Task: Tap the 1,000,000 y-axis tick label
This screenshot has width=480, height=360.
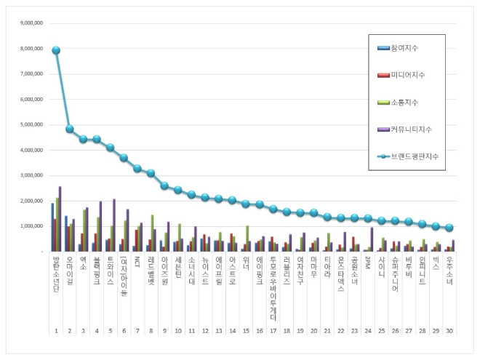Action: (x=30, y=226)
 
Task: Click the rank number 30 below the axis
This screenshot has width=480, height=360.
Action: (x=449, y=331)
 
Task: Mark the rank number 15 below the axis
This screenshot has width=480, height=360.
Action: (x=246, y=331)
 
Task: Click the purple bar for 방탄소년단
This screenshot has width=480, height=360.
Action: (x=60, y=219)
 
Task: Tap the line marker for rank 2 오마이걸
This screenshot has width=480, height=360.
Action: (x=69, y=129)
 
